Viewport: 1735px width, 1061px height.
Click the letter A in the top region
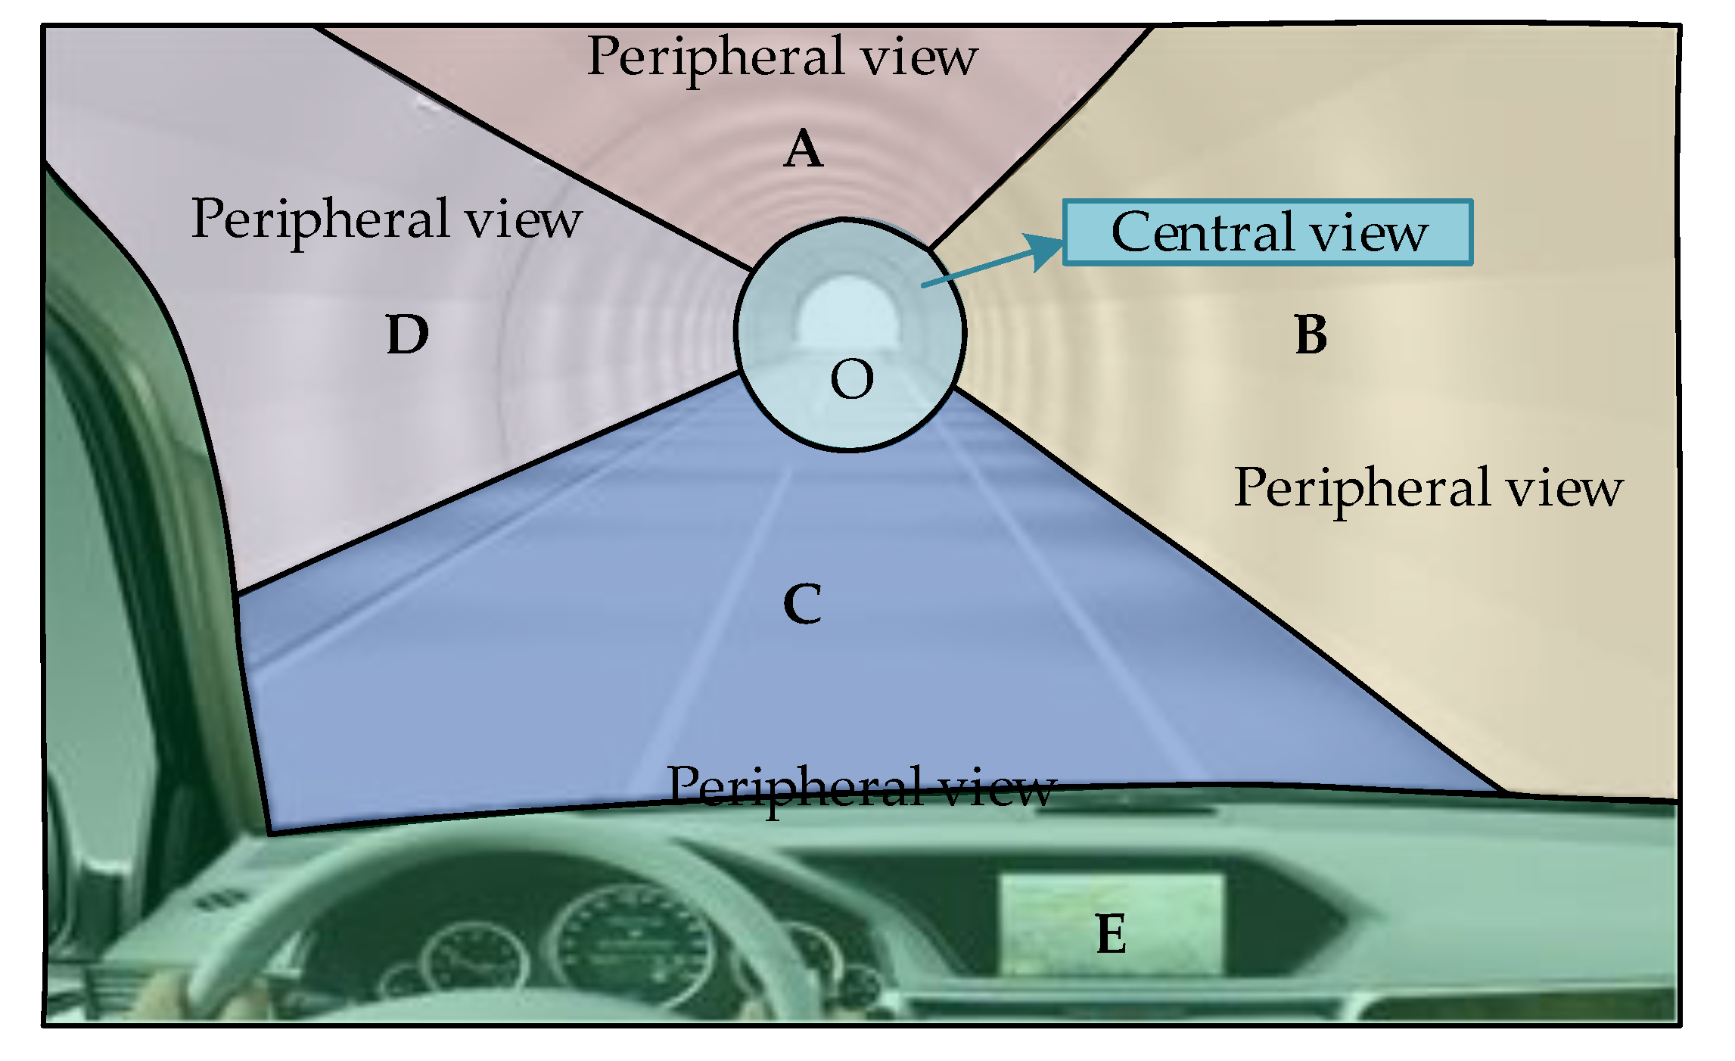click(x=803, y=150)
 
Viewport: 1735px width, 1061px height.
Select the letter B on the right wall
click(x=1311, y=334)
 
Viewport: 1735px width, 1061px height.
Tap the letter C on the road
click(x=802, y=604)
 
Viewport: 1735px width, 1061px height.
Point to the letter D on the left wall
click(x=407, y=334)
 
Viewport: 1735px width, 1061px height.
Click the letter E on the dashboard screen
click(x=1111, y=934)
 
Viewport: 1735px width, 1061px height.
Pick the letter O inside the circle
click(x=852, y=379)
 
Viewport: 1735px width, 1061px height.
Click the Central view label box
click(x=1267, y=232)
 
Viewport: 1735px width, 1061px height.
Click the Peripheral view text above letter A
click(x=782, y=57)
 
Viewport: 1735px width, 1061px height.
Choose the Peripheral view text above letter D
click(x=386, y=219)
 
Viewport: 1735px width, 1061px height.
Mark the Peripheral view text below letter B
click(x=1428, y=488)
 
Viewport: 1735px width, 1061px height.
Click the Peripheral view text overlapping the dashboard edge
click(x=860, y=787)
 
